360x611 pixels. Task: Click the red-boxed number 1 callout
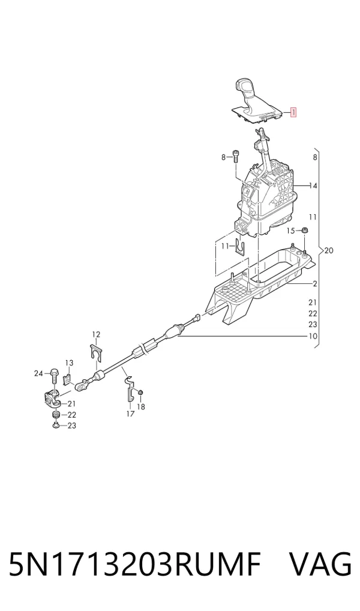[x=293, y=113]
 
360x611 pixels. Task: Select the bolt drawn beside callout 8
[x=235, y=156]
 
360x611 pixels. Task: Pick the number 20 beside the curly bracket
[x=329, y=250]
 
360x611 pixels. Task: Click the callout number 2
[x=315, y=284]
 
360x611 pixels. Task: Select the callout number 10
[x=313, y=336]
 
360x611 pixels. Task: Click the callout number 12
[x=96, y=334]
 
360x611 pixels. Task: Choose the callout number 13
[x=69, y=363]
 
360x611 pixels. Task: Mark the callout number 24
[x=38, y=374]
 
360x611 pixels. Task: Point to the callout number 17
[x=130, y=414]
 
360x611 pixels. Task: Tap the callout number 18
[x=141, y=407]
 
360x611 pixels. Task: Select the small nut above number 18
[x=141, y=391]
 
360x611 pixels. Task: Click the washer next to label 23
[x=56, y=425]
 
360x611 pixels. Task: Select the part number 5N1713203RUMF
[x=134, y=564]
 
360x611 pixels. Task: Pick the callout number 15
[x=290, y=231]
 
